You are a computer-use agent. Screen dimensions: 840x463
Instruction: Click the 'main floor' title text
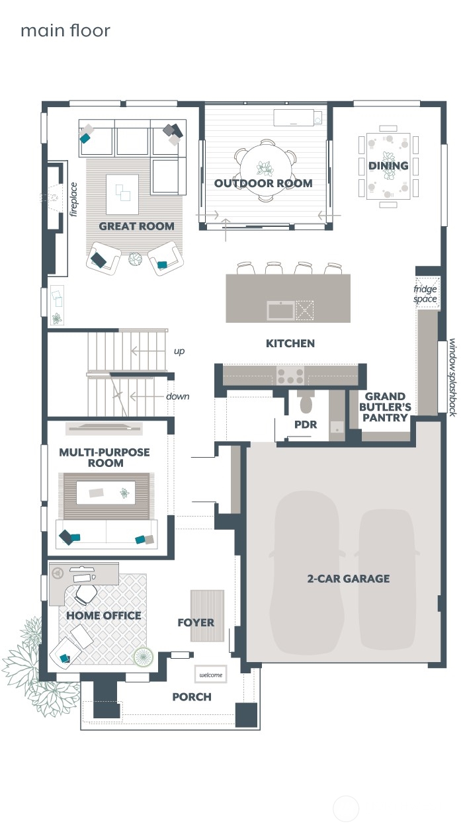coord(65,30)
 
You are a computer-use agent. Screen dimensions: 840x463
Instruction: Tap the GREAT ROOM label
coord(136,226)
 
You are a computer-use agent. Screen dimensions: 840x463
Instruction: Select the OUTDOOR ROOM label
coord(263,183)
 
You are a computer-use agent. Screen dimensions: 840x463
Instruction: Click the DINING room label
coord(388,165)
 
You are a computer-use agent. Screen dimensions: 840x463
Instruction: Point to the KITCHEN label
coord(290,343)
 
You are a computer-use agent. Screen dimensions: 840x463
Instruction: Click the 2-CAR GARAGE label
coord(348,579)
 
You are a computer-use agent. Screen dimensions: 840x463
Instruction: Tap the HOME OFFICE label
coord(103,616)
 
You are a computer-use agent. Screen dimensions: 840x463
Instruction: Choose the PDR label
coord(306,425)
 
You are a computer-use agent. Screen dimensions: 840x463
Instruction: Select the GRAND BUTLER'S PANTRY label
coord(386,407)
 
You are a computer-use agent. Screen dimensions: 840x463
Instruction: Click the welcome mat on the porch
coord(210,675)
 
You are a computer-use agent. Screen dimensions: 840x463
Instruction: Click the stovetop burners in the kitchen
coord(290,376)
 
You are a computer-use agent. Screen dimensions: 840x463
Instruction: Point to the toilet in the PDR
coord(306,403)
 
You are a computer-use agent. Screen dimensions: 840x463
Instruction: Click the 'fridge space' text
coord(425,294)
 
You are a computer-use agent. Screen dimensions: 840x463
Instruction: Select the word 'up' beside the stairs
coord(179,351)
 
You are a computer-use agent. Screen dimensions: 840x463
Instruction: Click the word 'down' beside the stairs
coord(177,396)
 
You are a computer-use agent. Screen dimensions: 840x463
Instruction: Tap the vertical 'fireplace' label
coord(74,199)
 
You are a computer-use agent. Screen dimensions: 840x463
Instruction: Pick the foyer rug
coord(207,615)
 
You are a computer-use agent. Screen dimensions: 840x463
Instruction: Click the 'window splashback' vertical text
coord(453,377)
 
